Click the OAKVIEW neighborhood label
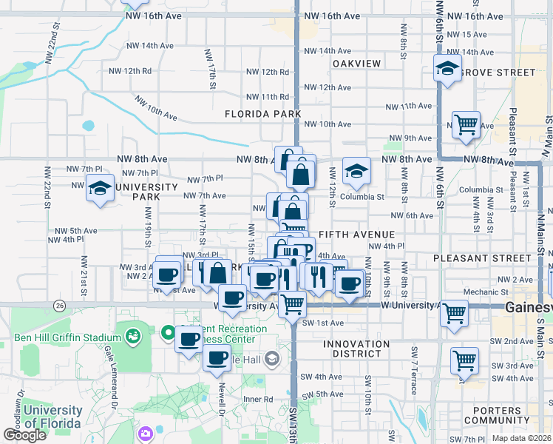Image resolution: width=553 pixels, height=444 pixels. click(x=356, y=64)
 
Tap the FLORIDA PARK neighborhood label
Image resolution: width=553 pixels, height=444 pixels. click(x=263, y=114)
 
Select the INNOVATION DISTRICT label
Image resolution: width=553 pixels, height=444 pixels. click(x=356, y=349)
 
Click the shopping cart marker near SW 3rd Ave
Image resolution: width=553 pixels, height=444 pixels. click(x=464, y=361)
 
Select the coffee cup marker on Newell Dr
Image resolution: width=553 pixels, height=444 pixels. click(x=217, y=359)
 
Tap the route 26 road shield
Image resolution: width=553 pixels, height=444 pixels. click(x=59, y=305)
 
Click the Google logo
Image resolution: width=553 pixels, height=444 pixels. click(x=24, y=434)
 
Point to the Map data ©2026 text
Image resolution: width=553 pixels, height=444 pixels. click(x=521, y=439)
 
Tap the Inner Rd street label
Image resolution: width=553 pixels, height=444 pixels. click(x=258, y=399)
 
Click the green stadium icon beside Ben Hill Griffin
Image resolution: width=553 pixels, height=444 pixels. click(x=133, y=337)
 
